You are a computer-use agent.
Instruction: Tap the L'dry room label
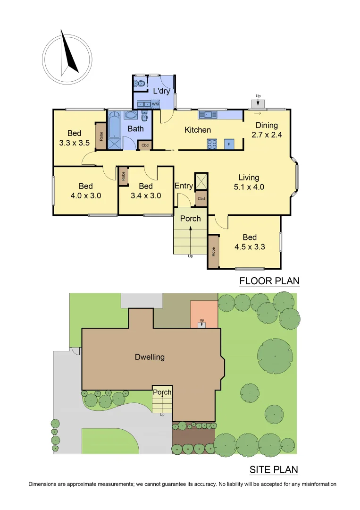(x=161, y=91)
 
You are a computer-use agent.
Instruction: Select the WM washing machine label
(x=155, y=104)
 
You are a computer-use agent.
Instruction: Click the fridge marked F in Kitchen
(x=229, y=144)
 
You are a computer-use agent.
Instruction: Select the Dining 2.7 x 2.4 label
(x=267, y=130)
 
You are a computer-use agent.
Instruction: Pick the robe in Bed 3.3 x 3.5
(x=101, y=136)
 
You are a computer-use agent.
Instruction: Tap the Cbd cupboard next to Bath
(x=145, y=145)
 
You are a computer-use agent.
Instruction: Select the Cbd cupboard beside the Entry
(x=201, y=199)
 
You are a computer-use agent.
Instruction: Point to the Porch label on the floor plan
(x=190, y=219)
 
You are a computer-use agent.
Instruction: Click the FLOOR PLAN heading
(x=269, y=281)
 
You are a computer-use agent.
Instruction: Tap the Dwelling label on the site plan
(x=150, y=357)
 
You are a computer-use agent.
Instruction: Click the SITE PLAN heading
(x=273, y=470)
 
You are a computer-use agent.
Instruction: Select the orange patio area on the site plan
(x=204, y=312)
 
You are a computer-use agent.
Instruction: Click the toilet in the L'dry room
(x=140, y=85)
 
